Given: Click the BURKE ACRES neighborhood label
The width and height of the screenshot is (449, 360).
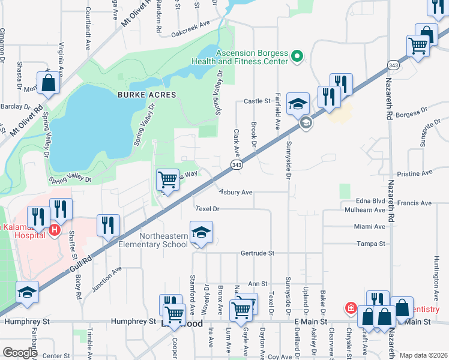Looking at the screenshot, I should pos(146,95).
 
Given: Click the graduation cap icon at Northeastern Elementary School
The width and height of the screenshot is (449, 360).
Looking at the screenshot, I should pos(202,233).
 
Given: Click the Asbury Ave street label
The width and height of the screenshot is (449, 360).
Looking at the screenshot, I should pos(235,192).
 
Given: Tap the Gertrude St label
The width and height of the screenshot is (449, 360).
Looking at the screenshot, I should pos(258,253).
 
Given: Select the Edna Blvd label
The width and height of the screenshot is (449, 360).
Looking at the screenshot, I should pos(370,200).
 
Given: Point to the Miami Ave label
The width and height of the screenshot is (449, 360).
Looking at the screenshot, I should pos(370,226).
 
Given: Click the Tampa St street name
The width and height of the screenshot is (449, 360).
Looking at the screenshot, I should pos(370,244).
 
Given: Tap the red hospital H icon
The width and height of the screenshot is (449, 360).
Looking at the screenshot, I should pos(54,229).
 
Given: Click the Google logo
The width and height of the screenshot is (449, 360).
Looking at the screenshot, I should pos(20,352).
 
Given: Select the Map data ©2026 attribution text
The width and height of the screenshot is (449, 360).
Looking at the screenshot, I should pos(423,355).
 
